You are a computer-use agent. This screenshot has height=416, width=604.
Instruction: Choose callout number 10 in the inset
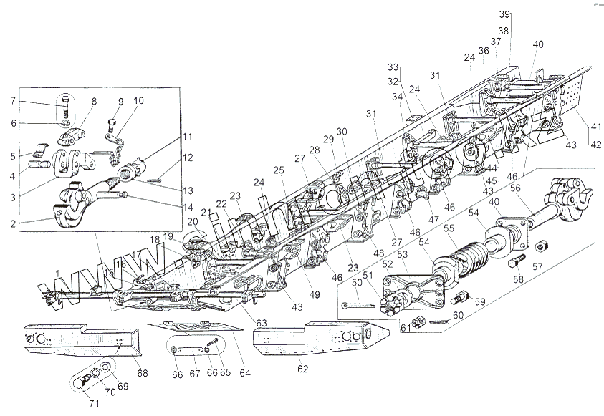tap(138, 100)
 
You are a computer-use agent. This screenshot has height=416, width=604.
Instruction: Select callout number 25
tap(277, 170)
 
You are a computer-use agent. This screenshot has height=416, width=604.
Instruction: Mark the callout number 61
tap(406, 328)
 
